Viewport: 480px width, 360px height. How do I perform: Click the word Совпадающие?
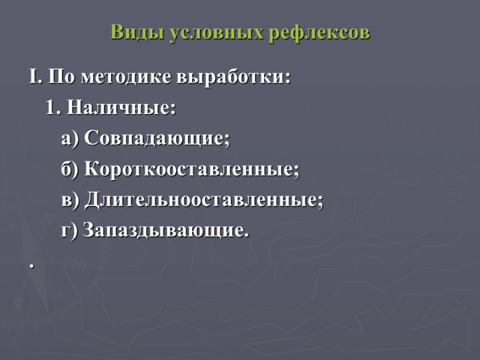(157, 139)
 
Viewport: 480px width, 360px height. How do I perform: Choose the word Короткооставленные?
(191, 170)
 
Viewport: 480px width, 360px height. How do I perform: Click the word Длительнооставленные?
(203, 200)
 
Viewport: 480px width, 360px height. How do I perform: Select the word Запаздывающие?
(166, 230)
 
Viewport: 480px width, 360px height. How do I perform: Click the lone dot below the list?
(29, 265)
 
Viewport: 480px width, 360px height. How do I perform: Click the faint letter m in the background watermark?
(76, 268)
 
